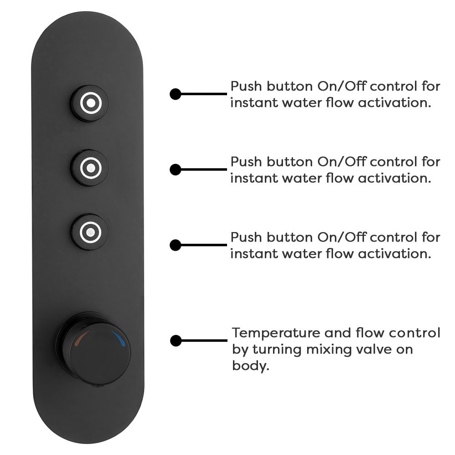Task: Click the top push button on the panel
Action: (90, 103)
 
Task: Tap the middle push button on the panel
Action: (90, 168)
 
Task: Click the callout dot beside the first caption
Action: (175, 94)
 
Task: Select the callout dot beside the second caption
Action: (175, 169)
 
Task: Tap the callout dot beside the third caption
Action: (175, 245)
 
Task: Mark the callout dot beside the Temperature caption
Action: (176, 341)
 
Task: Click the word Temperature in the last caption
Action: (276, 334)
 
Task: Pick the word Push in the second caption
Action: (246, 162)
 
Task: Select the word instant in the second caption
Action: (254, 178)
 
